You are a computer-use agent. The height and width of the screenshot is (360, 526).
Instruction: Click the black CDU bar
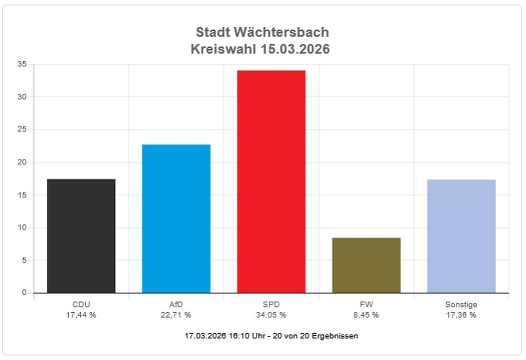click(81, 236)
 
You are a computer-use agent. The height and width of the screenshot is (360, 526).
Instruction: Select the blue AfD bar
click(176, 218)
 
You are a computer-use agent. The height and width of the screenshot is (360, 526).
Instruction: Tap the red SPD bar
click(271, 182)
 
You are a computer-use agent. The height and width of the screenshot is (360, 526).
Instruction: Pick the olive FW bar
click(366, 265)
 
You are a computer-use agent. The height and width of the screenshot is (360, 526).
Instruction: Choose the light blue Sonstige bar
click(461, 236)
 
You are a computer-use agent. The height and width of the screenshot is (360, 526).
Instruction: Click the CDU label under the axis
click(81, 305)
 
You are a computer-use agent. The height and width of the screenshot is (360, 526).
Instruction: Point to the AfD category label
click(176, 305)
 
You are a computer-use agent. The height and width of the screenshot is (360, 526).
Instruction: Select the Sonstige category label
click(461, 305)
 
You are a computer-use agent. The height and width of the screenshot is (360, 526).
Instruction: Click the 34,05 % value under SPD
click(271, 315)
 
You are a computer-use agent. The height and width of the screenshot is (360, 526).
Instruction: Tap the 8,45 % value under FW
click(366, 315)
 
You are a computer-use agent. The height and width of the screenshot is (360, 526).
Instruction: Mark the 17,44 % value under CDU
click(81, 315)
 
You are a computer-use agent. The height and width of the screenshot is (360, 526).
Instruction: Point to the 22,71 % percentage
click(176, 315)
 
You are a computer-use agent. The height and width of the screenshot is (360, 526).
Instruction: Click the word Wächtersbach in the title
click(282, 33)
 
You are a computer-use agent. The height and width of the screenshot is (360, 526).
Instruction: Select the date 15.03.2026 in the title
click(295, 49)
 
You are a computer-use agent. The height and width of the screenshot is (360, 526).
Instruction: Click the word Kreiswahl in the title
click(222, 49)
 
